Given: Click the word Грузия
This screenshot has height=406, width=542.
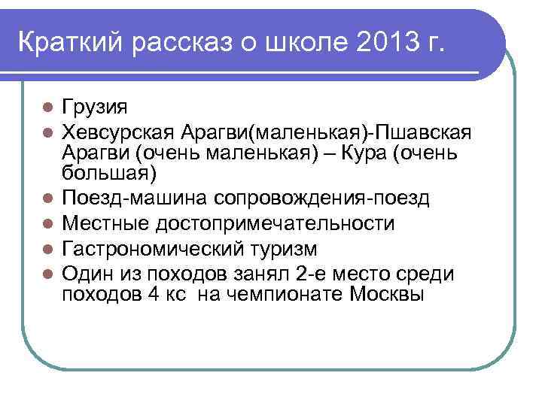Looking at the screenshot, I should point(96,106).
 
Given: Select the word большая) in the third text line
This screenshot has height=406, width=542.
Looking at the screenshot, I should point(110,175).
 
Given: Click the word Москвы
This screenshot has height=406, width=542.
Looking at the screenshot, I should point(388,295).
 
